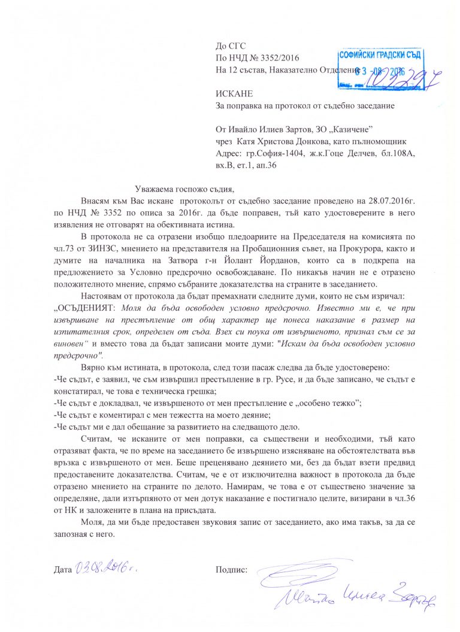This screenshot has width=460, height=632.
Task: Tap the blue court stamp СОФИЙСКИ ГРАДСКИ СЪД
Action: [x=381, y=55]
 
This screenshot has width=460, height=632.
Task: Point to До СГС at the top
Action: [x=231, y=45]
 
